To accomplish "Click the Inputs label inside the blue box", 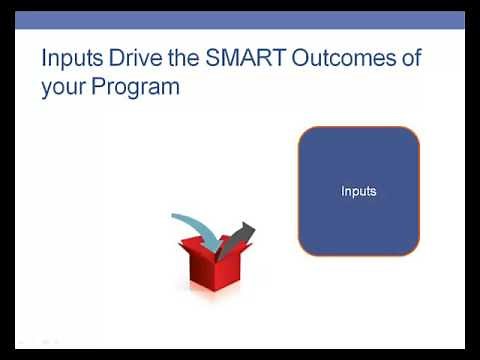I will point(358,191).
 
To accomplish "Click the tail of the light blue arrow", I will point(175,217).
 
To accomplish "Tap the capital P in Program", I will point(105,87).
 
